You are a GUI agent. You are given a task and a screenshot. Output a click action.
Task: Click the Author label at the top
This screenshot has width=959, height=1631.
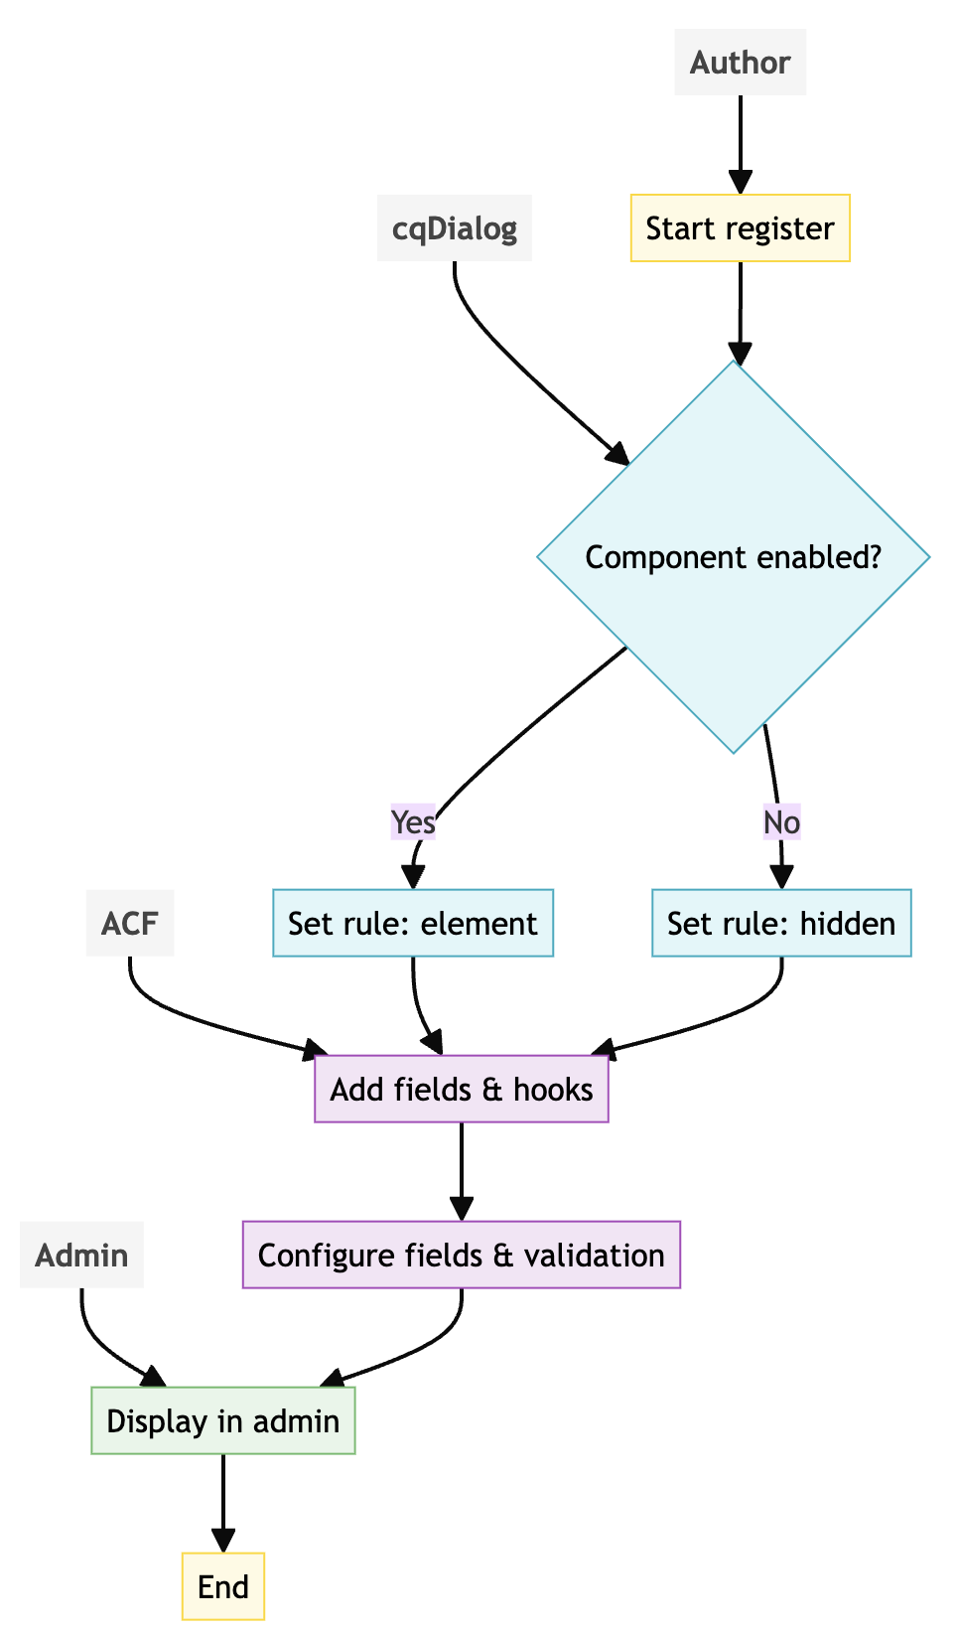pyautogui.click(x=740, y=63)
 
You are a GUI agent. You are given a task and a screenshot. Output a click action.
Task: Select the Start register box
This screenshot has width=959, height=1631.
pyautogui.click(x=740, y=228)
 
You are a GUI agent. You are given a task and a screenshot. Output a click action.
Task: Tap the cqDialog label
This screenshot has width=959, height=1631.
pyautogui.click(x=455, y=228)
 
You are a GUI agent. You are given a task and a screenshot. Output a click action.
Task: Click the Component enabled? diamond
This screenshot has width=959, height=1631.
pyautogui.click(x=733, y=557)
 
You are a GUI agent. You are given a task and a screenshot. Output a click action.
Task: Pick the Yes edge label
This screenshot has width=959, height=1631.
pyautogui.click(x=413, y=822)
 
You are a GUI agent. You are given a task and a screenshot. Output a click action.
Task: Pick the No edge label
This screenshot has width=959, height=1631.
pyautogui.click(x=781, y=822)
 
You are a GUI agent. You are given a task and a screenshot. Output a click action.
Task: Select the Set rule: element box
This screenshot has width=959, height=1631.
pyautogui.click(x=413, y=924)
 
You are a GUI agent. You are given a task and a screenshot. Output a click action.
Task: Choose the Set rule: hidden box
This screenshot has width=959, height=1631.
pyautogui.click(x=781, y=924)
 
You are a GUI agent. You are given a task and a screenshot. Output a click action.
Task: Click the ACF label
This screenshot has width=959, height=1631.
pyautogui.click(x=130, y=924)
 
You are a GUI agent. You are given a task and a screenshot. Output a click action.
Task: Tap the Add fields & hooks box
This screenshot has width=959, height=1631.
pyautogui.click(x=462, y=1090)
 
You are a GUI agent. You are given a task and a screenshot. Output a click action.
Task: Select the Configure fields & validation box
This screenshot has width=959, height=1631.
pyautogui.click(x=462, y=1256)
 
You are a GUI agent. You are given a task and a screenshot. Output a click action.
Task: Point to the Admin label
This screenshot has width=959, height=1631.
pyautogui.click(x=81, y=1256)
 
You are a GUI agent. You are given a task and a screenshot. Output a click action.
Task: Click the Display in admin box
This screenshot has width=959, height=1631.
pyautogui.click(x=223, y=1421)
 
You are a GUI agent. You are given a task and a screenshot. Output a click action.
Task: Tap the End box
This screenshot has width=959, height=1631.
pyautogui.click(x=223, y=1587)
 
